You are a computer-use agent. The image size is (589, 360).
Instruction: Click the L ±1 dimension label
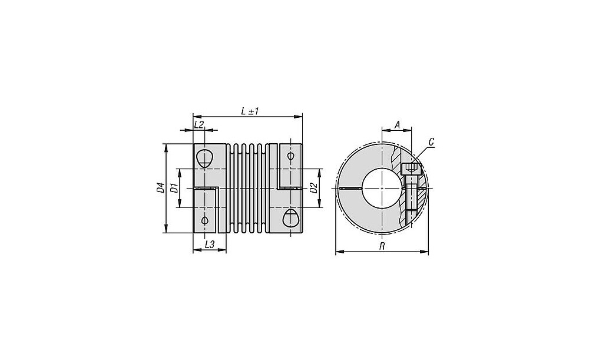250,111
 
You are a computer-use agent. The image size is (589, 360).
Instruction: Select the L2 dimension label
198,124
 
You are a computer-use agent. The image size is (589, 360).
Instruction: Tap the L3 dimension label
209,245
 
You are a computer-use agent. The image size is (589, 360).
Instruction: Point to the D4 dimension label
160,188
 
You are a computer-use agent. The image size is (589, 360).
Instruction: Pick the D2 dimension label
313,188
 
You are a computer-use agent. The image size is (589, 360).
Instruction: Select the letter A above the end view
396,124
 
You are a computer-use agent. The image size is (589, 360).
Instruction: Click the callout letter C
431,142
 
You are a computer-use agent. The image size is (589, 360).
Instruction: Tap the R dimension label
382,246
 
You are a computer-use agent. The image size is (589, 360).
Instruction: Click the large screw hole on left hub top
204,158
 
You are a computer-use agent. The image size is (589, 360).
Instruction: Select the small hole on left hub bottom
204,220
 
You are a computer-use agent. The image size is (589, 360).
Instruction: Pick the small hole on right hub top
290,156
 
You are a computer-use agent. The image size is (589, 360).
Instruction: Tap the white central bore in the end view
381,188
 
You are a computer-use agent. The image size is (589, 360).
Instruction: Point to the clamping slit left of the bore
350,188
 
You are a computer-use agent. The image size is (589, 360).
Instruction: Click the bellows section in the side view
248,188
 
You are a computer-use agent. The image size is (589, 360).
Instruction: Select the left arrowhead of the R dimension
338,252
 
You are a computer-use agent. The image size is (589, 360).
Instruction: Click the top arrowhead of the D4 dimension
166,147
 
